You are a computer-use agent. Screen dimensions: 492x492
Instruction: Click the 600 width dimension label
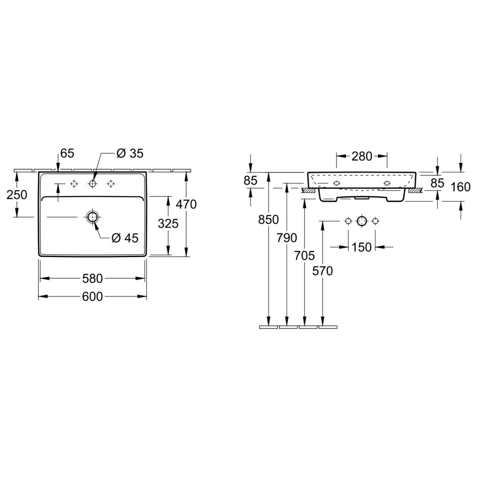[x=92, y=296]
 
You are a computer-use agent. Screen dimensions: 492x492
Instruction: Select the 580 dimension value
[x=92, y=278]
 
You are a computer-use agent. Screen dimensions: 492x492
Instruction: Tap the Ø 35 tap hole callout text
[x=130, y=153]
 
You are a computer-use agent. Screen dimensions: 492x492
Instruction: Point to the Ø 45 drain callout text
[x=125, y=238]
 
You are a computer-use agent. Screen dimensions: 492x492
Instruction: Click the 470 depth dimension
[x=186, y=204]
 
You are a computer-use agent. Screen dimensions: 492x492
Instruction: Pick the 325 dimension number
[x=168, y=224]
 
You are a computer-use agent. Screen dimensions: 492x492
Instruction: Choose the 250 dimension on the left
[x=17, y=195]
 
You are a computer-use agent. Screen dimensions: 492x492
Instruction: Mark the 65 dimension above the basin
[x=67, y=153]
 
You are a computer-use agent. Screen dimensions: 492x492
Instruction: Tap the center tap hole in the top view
[x=93, y=184]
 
